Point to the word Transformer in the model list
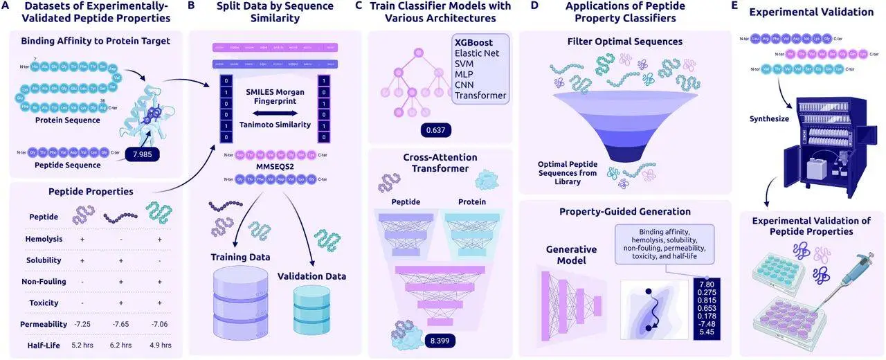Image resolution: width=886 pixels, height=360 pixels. click(480, 95)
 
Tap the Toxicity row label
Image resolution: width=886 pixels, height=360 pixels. click(44, 303)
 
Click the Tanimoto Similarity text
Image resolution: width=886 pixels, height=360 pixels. click(273, 125)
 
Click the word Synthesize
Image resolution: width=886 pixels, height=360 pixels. click(770, 118)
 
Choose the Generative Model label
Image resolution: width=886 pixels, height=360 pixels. click(572, 255)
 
